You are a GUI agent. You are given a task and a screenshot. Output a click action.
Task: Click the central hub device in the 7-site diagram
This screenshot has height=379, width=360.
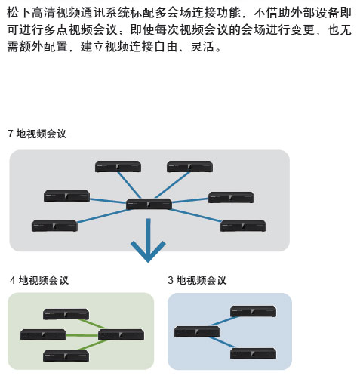point(149,204)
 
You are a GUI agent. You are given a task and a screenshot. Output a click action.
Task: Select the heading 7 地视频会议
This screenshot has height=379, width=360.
point(37,134)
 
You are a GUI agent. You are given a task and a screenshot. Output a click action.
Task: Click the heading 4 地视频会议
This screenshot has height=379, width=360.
point(39,280)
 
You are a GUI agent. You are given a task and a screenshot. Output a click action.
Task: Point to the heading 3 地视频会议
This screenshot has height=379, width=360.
point(197,280)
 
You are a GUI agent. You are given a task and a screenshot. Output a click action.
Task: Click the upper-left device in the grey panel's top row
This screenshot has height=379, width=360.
point(118,167)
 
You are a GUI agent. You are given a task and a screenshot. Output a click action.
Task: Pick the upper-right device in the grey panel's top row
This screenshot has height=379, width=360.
point(189,167)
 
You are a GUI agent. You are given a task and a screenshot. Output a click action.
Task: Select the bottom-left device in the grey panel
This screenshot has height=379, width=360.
point(54,226)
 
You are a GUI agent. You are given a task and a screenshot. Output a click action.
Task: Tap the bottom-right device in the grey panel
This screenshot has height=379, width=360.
point(243,226)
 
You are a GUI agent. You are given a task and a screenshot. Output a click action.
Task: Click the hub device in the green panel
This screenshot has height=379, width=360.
point(121,334)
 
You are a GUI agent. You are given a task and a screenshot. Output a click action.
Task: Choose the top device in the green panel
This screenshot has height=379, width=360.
point(66,314)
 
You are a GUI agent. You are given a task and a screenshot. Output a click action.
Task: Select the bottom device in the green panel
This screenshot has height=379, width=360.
point(66,356)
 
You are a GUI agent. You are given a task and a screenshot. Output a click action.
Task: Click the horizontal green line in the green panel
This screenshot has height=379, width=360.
point(82,335)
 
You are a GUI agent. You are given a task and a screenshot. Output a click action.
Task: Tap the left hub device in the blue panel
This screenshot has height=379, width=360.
point(197,331)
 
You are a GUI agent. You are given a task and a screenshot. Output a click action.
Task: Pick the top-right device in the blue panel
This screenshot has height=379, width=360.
point(254,311)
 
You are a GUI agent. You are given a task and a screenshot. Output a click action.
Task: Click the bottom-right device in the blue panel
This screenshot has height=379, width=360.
point(254,353)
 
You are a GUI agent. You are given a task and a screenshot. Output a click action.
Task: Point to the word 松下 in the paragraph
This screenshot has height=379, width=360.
point(19,13)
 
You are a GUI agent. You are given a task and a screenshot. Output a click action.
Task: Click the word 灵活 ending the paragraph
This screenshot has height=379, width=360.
point(202,46)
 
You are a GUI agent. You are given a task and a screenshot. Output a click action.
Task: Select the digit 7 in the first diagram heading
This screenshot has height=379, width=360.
point(11,134)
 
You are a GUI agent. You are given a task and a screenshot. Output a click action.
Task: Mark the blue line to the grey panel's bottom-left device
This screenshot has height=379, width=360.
point(103,216)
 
